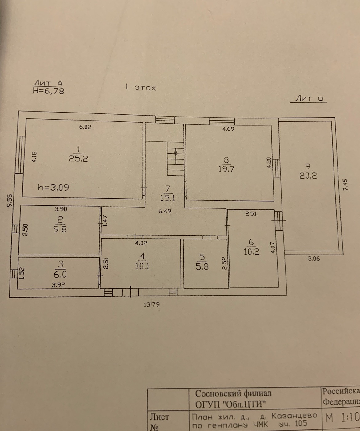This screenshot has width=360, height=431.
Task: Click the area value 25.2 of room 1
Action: pyautogui.click(x=78, y=159)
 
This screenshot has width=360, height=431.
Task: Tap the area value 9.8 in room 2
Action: pyautogui.click(x=60, y=229)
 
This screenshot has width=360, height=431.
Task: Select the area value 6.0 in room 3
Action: pyautogui.click(x=60, y=274)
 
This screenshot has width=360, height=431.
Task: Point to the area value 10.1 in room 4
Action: pyautogui.click(x=142, y=266)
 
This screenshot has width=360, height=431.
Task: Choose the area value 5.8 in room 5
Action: pyautogui.click(x=202, y=267)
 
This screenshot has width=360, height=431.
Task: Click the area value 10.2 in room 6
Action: pyautogui.click(x=251, y=251)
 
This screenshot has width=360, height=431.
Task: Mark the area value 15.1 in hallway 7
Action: pyautogui.click(x=168, y=198)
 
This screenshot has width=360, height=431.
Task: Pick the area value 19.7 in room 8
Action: pyautogui.click(x=226, y=169)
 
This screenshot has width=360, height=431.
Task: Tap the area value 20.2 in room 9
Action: pyautogui.click(x=308, y=176)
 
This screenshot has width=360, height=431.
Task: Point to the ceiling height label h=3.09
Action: pyautogui.click(x=53, y=187)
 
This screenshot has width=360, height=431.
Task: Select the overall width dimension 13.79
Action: pyautogui.click(x=152, y=305)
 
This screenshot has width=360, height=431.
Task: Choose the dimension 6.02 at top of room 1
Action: pyautogui.click(x=85, y=127)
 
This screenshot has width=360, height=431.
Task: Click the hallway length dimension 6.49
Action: pyautogui.click(x=165, y=211)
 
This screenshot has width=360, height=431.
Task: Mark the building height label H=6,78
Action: pyautogui.click(x=48, y=91)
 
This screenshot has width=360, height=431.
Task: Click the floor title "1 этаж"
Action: pyautogui.click(x=141, y=87)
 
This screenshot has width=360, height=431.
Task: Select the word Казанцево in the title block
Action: pyautogui.click(x=294, y=415)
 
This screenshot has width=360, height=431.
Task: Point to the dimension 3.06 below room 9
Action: pyautogui.click(x=314, y=259)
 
